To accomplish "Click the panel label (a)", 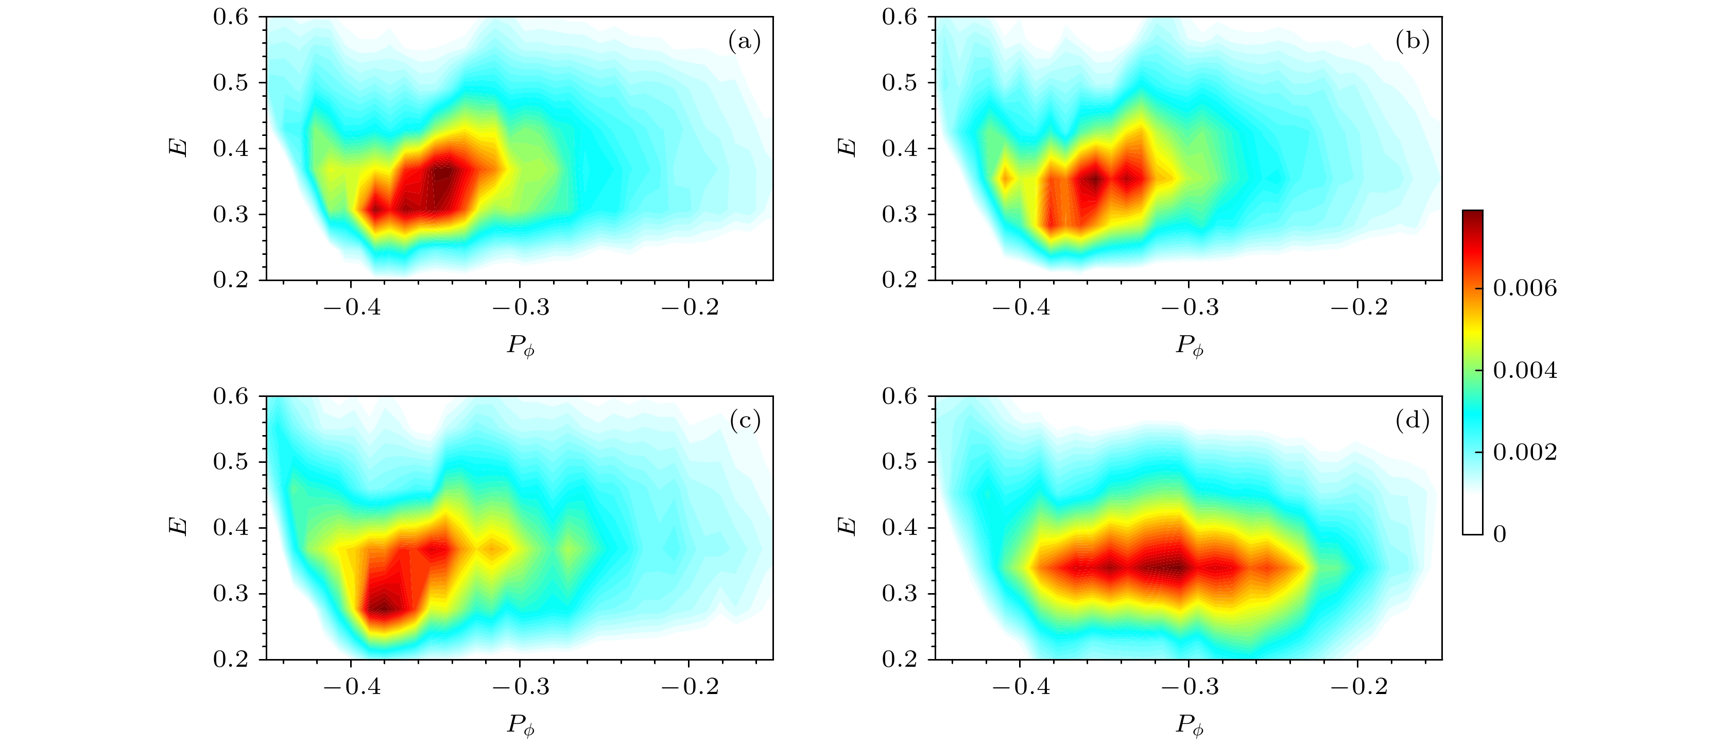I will pyautogui.click(x=744, y=42).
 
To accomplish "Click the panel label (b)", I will pyautogui.click(x=1412, y=42).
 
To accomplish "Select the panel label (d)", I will pyautogui.click(x=1412, y=421).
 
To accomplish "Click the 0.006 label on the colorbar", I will pyautogui.click(x=1526, y=288).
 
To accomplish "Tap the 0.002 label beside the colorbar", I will pyautogui.click(x=1526, y=453).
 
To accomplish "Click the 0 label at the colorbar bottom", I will pyautogui.click(x=1500, y=534).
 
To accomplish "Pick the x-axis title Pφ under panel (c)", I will pyautogui.click(x=521, y=725).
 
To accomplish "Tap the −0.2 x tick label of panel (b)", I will pyautogui.click(x=1358, y=308).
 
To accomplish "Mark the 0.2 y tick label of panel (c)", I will pyautogui.click(x=231, y=660).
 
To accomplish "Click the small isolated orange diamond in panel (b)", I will pyautogui.click(x=1005, y=178).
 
